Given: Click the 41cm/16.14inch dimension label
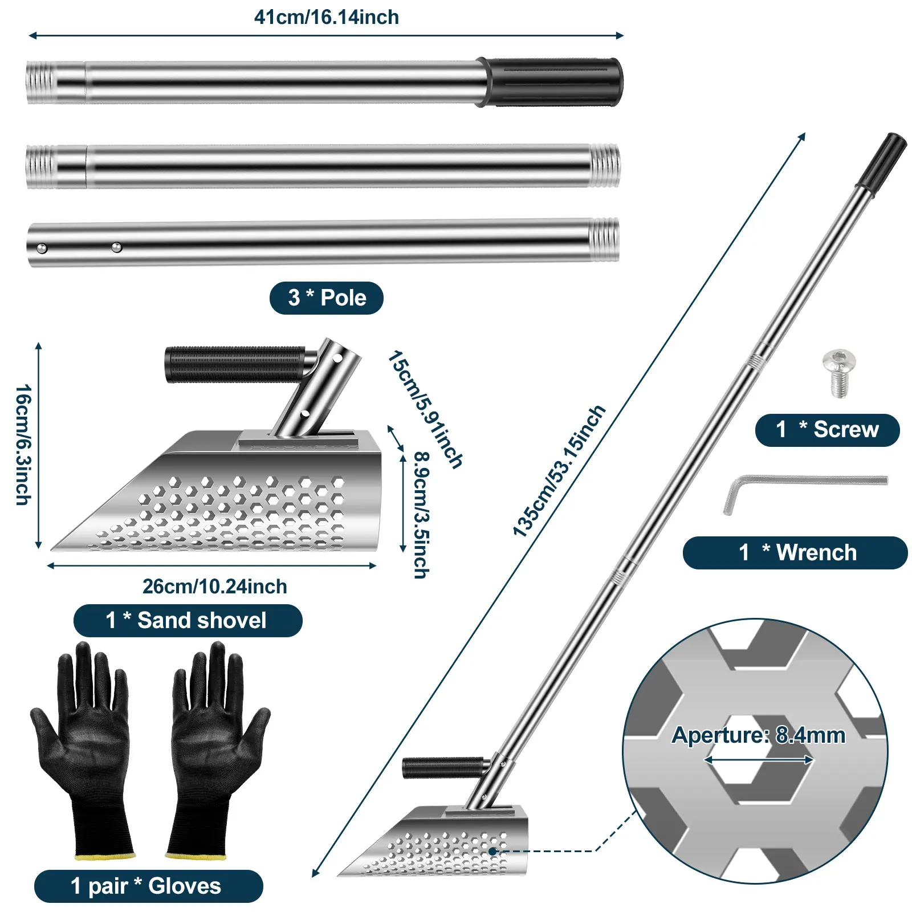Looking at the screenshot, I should click(326, 18).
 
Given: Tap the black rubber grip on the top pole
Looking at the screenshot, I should click(552, 82).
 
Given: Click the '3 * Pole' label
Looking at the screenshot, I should click(326, 298).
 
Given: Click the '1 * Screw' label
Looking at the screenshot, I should click(827, 430).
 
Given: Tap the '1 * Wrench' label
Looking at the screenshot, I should click(795, 552).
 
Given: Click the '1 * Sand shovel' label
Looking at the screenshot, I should click(188, 620).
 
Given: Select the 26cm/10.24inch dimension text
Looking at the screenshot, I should click(214, 587).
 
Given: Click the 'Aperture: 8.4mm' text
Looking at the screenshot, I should click(758, 735).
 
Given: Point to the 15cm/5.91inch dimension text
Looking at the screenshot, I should click(425, 409).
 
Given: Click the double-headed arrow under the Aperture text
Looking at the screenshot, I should click(759, 760).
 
